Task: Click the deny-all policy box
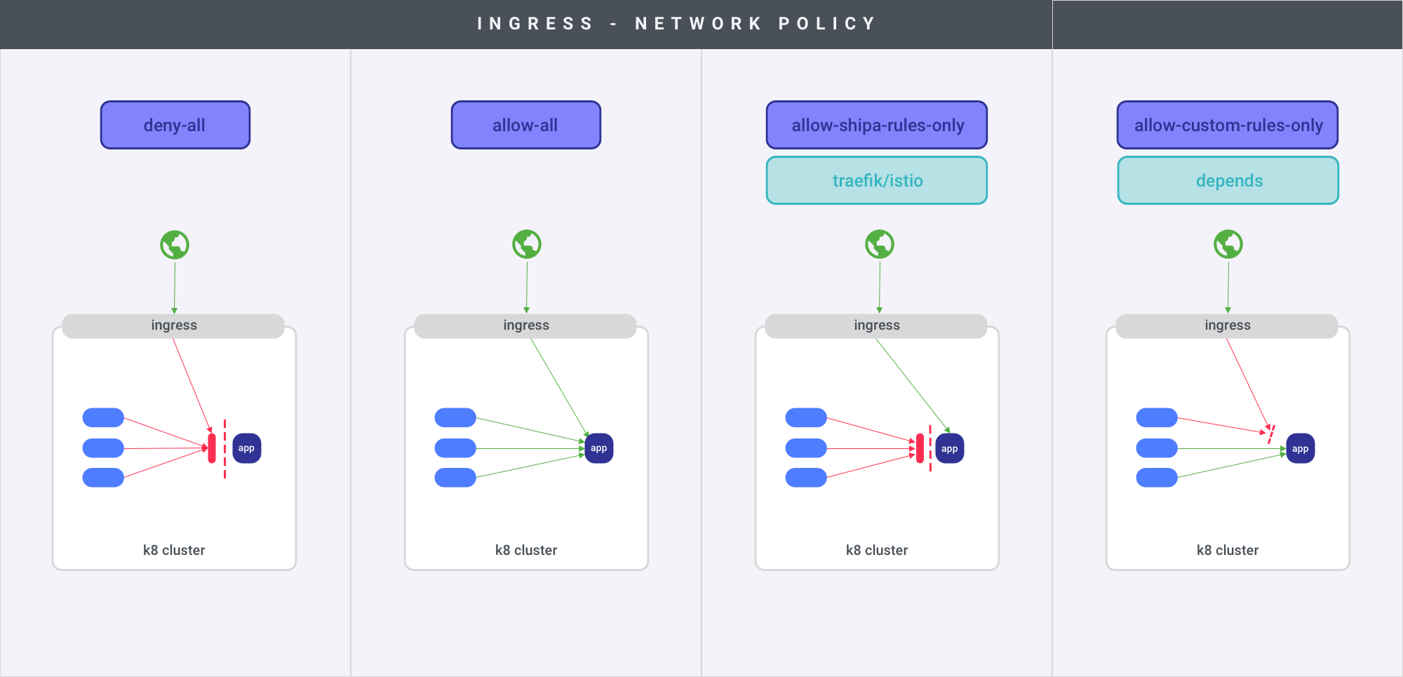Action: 175,125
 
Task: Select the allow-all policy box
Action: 526,125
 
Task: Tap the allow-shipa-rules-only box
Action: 877,125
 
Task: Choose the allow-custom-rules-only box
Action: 1228,125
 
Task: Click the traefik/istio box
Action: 877,180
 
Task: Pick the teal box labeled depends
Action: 1228,180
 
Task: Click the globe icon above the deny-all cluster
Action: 175,245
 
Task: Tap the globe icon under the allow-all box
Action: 527,244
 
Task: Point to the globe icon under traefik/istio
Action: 880,244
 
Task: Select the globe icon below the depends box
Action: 1228,244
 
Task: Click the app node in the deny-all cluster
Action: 246,448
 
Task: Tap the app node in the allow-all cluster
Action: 598,448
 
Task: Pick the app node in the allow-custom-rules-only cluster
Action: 1300,449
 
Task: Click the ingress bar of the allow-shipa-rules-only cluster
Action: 876,326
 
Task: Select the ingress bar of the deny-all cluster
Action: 173,326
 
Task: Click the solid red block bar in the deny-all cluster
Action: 212,448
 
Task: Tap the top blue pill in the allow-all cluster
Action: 455,417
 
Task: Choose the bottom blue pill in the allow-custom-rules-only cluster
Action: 1157,478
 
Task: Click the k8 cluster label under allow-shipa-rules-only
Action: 877,550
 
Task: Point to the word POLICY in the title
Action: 827,24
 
